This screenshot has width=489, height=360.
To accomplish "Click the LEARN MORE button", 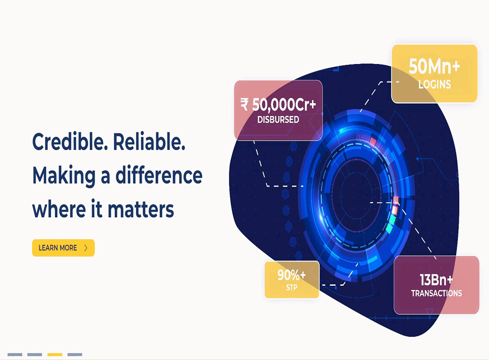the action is (x=63, y=248).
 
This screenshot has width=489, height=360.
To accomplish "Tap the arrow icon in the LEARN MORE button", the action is (x=86, y=248).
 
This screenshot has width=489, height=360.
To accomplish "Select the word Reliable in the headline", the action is (x=149, y=142).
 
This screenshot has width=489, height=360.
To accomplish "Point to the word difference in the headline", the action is (x=159, y=175).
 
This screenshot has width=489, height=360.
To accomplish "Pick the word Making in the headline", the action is (x=64, y=176).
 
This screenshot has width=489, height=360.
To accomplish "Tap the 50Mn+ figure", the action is (x=434, y=66).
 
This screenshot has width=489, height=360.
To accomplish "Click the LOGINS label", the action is (x=434, y=84).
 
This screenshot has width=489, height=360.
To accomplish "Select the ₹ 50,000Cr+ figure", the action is (x=278, y=104).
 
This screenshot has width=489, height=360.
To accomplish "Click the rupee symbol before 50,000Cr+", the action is (x=244, y=104).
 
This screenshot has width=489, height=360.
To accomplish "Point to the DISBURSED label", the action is (x=278, y=120).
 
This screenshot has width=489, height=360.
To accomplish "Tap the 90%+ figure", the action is (x=292, y=275).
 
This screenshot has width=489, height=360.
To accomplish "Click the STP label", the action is (x=292, y=288).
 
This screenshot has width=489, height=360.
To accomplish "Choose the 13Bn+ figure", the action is (x=436, y=280).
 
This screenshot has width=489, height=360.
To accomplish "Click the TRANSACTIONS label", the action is (x=436, y=293).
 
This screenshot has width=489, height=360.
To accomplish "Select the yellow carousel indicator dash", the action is (x=55, y=354).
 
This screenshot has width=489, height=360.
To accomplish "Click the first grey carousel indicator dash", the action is (x=15, y=354).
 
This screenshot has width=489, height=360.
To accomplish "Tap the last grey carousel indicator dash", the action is (x=75, y=354).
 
